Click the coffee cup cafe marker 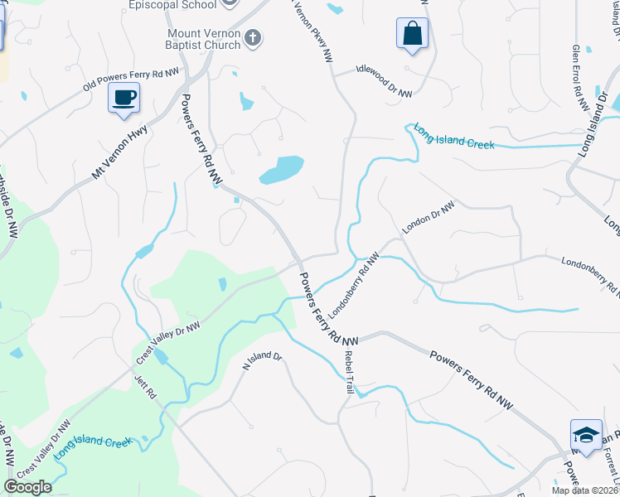click(124, 98)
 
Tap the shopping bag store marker click(412, 34)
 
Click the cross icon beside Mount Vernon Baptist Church click(253, 37)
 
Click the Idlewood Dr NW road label click(384, 82)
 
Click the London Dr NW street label click(429, 218)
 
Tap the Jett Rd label click(145, 388)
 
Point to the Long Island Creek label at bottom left click(93, 449)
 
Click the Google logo click(27, 487)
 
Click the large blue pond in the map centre click(280, 170)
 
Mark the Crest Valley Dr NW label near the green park click(167, 343)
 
